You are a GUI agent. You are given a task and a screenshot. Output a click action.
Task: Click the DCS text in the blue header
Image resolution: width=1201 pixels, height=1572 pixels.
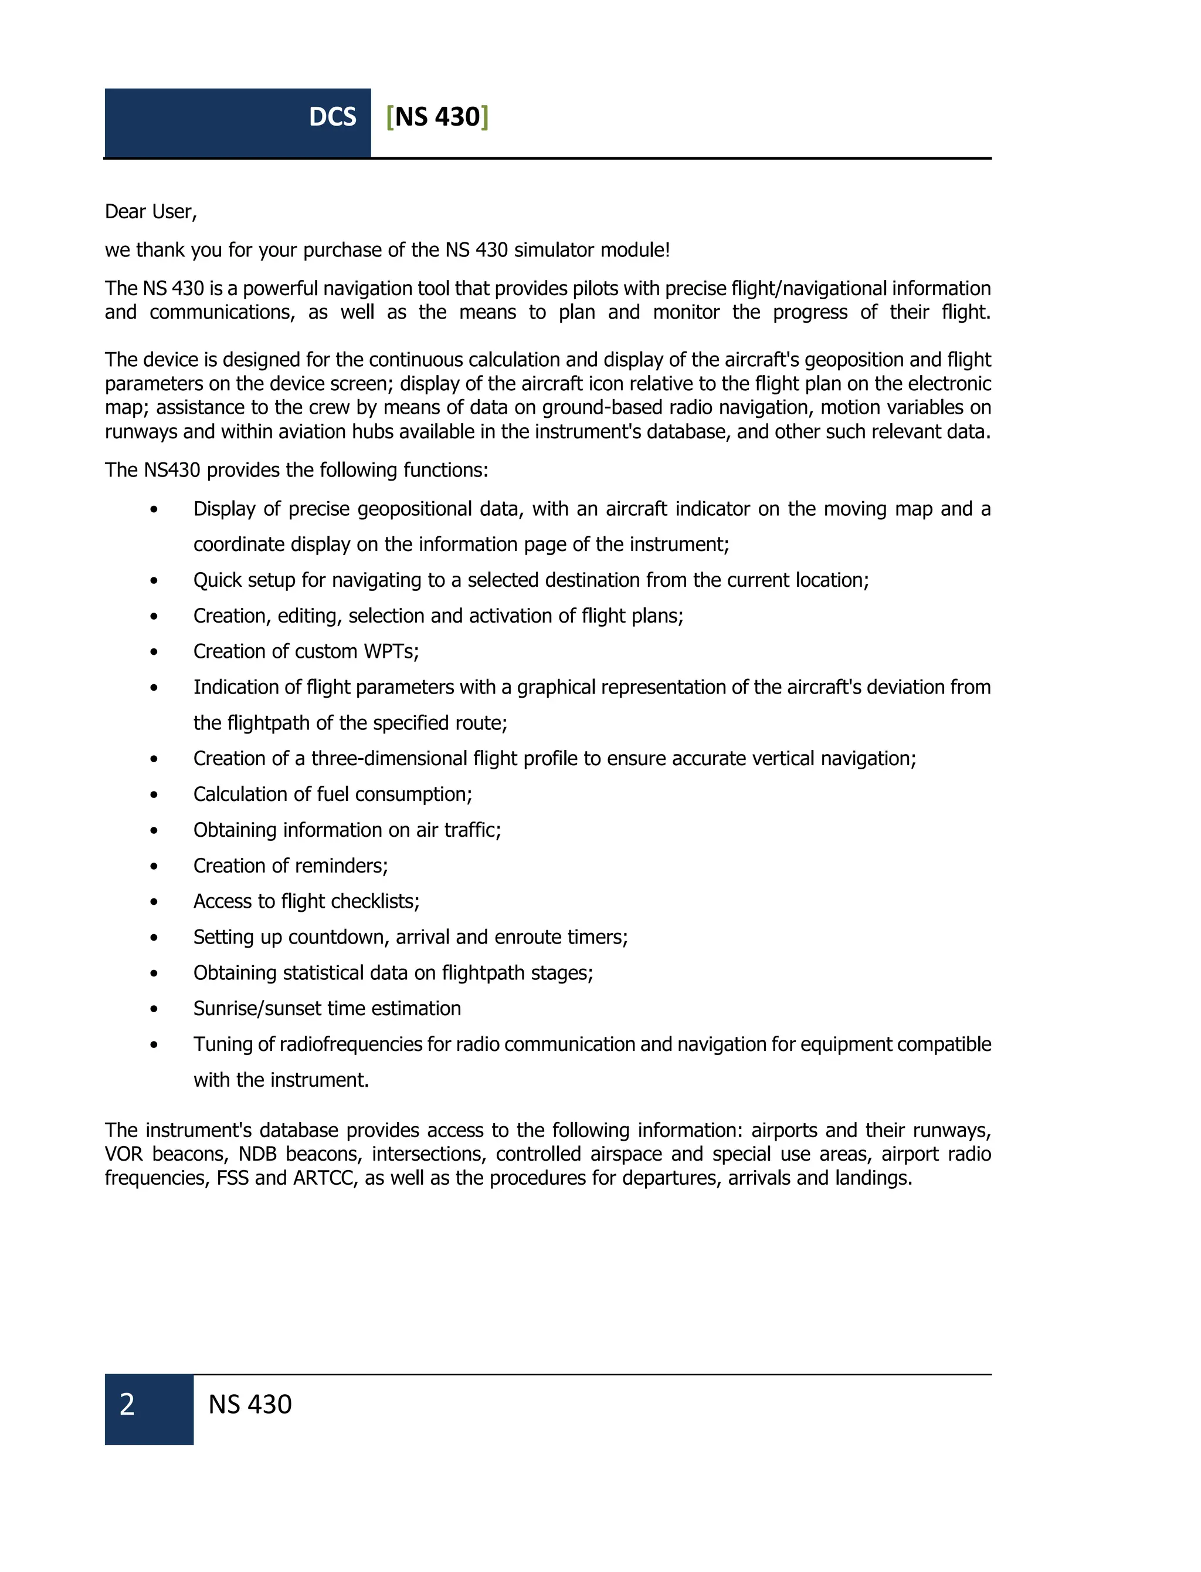point(333,117)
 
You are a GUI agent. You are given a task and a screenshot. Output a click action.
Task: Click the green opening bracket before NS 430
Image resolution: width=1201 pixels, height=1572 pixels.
point(389,117)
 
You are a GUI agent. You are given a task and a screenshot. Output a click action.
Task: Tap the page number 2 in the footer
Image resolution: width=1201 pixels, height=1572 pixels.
point(127,1404)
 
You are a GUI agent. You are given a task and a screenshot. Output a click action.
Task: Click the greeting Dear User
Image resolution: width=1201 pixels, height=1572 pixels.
point(150,212)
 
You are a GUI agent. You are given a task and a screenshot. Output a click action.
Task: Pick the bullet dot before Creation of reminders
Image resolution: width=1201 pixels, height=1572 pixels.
point(154,867)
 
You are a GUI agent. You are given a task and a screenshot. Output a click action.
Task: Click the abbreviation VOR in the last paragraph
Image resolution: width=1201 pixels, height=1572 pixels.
point(124,1154)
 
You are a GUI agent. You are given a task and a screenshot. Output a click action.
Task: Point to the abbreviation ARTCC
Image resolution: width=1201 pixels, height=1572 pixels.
point(325,1178)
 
